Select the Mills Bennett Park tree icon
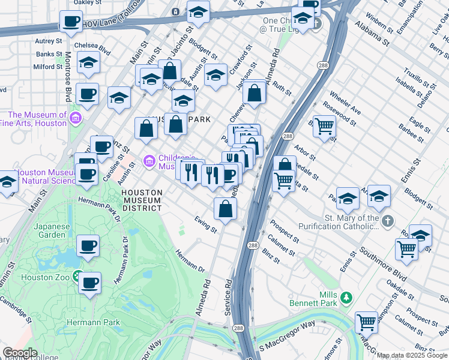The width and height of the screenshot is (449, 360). tap(346, 298)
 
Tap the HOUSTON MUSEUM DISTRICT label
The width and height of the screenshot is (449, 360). tap(142, 200)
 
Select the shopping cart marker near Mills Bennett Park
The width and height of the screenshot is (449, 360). tap(366, 322)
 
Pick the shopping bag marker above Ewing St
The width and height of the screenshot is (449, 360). tap(226, 209)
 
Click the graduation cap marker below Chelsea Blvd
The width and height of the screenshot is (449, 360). tap(88, 63)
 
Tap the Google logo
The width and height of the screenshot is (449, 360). tap(20, 353)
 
